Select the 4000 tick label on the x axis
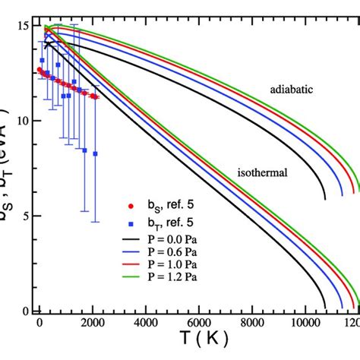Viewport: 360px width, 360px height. pos(147,322)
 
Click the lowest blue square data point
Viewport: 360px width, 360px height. pos(96,153)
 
